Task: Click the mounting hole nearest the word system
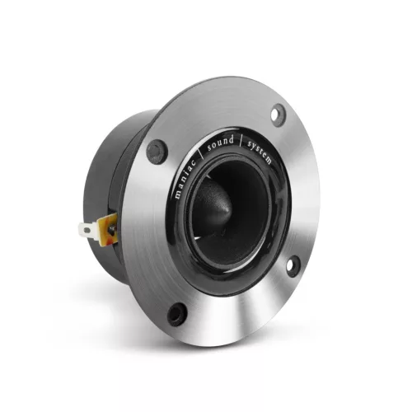[279, 115]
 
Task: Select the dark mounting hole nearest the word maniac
[156, 152]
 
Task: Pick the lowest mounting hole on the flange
[176, 313]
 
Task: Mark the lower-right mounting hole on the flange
[293, 265]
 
